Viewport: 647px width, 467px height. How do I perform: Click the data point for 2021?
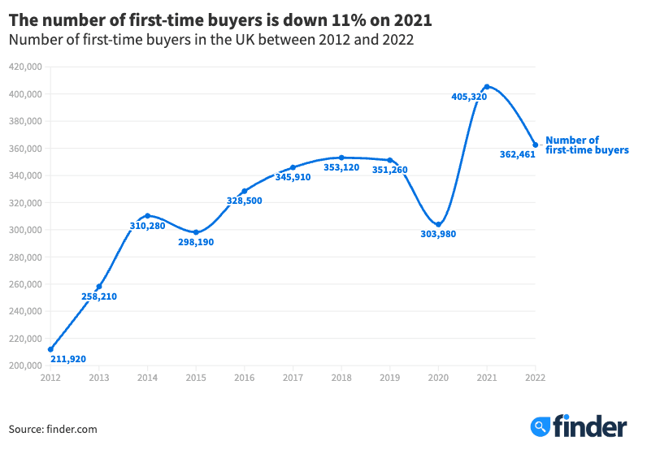487,87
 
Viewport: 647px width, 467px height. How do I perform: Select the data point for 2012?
50,349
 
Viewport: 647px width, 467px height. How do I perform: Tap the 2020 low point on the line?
438,224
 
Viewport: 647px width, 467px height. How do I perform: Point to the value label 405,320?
469,97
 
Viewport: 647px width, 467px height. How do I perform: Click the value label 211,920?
68,358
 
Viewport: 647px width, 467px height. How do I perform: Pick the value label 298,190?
196,242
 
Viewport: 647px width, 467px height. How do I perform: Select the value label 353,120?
341,167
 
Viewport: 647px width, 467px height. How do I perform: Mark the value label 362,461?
518,154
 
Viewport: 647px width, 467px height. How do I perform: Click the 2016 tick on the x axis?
244,378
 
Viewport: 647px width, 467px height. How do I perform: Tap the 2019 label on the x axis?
389,378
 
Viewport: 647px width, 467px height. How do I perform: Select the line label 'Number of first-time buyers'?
587,145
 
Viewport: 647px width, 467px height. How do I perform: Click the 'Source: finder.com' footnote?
53,429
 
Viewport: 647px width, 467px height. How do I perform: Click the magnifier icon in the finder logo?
541,426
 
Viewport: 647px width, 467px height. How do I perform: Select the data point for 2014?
147,216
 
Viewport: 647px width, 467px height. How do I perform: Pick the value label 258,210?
99,296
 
